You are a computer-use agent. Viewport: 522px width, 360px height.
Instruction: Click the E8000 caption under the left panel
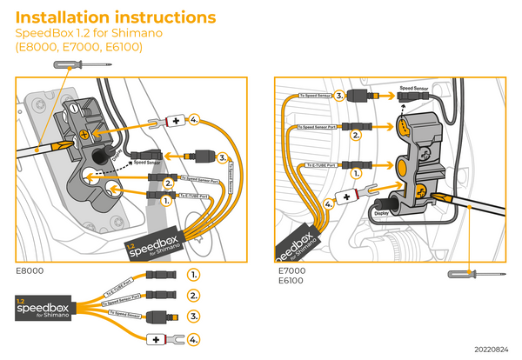(30, 270)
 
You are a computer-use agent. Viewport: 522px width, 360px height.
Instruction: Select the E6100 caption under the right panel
(290, 281)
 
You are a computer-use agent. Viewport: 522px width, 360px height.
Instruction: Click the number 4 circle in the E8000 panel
(195, 119)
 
